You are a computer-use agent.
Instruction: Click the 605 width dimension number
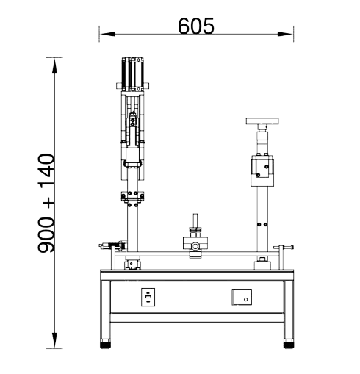[196, 26]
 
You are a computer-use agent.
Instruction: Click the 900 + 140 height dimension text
[46, 203]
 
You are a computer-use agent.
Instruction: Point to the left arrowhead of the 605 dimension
[107, 34]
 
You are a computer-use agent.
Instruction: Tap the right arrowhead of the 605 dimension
[285, 34]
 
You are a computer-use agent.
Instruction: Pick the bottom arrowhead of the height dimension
[54, 340]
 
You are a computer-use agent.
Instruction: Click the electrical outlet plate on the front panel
[148, 297]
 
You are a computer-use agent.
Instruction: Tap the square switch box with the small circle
[242, 297]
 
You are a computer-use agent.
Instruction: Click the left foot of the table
[105, 343]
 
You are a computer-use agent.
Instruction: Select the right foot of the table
[289, 343]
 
